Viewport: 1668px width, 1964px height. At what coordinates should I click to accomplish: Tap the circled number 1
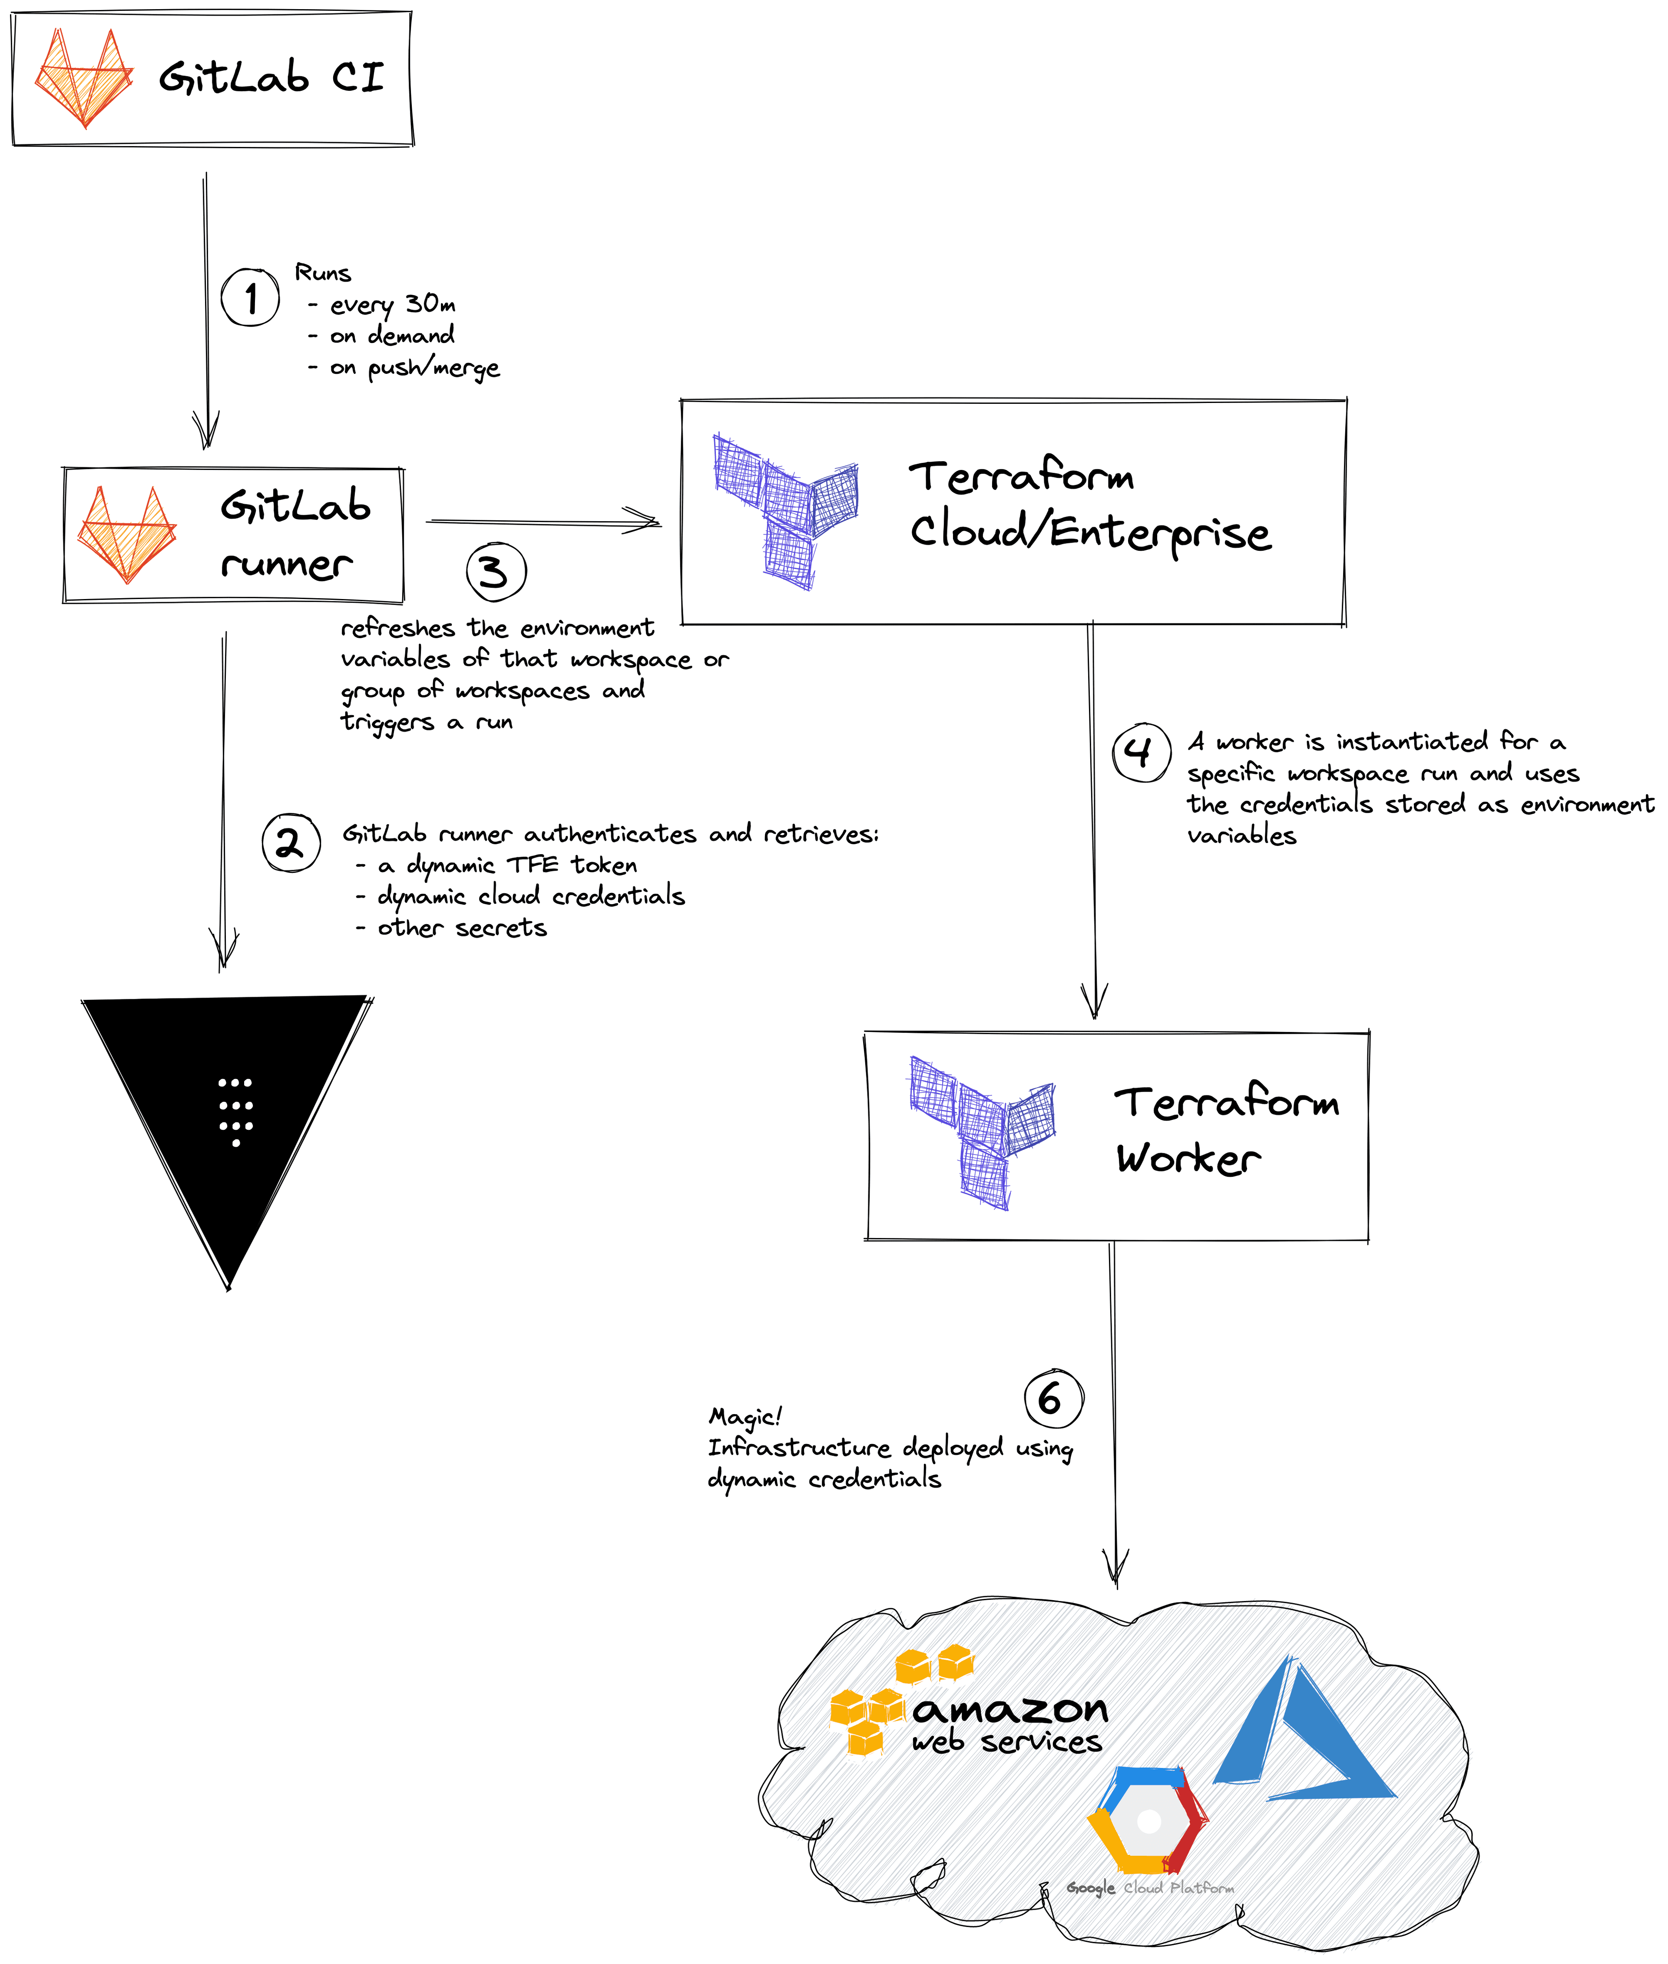(251, 298)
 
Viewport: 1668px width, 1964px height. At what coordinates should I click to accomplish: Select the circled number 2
(290, 843)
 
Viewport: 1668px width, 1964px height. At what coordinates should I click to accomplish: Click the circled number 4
(1141, 753)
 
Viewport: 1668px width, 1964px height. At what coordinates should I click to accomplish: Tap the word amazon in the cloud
(1010, 1708)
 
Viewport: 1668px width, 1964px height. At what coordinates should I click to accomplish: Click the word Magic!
(745, 1416)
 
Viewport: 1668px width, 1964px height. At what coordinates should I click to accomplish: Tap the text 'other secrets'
(461, 928)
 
